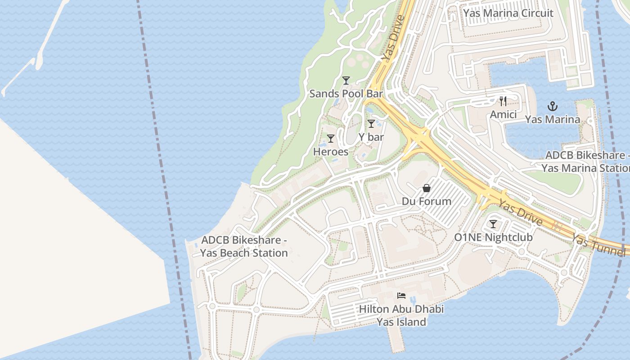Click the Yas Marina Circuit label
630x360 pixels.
click(508, 13)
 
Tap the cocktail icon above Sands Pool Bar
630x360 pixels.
click(346, 81)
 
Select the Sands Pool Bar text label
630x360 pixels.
click(346, 94)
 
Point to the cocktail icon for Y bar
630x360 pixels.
click(371, 124)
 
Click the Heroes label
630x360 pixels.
click(331, 152)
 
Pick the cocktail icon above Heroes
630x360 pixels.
click(331, 139)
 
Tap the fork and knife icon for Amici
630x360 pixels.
click(503, 101)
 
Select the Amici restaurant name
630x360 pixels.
click(503, 115)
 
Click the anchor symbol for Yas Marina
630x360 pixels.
click(552, 106)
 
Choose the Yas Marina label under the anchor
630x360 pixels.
click(552, 120)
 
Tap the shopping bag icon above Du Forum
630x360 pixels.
click(426, 188)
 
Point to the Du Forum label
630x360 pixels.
click(426, 201)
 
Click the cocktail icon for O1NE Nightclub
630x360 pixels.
click(493, 224)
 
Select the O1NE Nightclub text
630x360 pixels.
click(493, 237)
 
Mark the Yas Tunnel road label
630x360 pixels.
click(598, 245)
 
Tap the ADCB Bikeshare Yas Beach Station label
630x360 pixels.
click(244, 247)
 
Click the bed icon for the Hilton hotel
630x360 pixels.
click(401, 296)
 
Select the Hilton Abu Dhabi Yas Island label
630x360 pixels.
click(401, 315)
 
